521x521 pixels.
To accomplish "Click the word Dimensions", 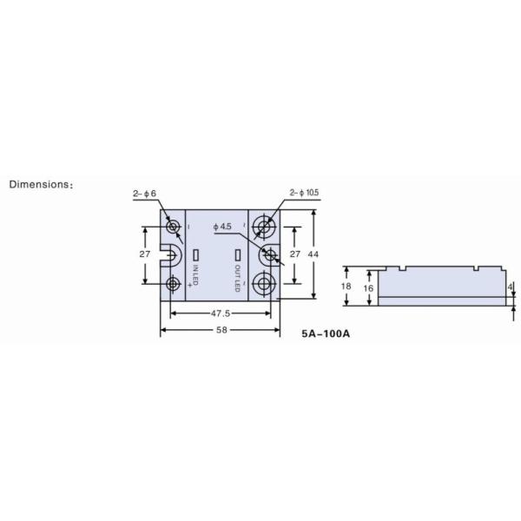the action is (x=39, y=184).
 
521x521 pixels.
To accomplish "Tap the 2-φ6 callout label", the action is (x=144, y=194).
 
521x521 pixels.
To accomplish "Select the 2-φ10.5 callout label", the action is (x=304, y=193).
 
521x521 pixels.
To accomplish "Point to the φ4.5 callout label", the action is (x=222, y=227).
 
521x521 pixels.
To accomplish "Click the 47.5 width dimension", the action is (x=221, y=313).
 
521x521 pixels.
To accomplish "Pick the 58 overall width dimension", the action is (x=221, y=330).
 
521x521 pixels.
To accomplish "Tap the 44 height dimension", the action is (x=313, y=254).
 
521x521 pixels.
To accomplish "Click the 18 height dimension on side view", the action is (x=346, y=286).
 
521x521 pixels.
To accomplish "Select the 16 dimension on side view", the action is (x=368, y=288).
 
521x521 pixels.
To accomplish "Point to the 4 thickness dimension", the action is (x=510, y=287).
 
